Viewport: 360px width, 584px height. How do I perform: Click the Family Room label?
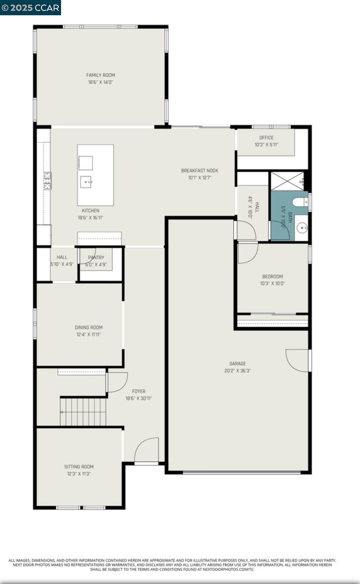[x=100, y=75]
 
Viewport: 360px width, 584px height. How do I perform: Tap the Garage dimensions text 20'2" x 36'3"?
[x=238, y=371]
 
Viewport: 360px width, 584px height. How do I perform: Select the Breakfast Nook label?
[x=200, y=171]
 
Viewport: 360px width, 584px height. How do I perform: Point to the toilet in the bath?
[x=300, y=202]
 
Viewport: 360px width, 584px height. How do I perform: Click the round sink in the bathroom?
[x=302, y=227]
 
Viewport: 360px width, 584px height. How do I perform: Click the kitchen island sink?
[x=86, y=182]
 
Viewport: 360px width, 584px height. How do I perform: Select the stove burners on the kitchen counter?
[x=48, y=181]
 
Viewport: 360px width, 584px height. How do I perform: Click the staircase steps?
[x=83, y=412]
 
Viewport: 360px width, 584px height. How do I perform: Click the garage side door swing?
[x=298, y=360]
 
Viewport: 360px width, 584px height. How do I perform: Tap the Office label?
[x=266, y=138]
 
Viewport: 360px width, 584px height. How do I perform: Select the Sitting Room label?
[x=79, y=467]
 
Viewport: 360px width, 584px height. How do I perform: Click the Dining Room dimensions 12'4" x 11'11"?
[x=89, y=334]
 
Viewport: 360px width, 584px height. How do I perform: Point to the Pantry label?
[x=96, y=258]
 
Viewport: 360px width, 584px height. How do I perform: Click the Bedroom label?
[x=272, y=276]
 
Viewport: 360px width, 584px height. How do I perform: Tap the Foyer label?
[x=139, y=391]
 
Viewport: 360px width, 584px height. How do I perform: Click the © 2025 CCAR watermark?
[x=30, y=8]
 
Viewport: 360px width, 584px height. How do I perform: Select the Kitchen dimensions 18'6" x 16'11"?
[x=90, y=218]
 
